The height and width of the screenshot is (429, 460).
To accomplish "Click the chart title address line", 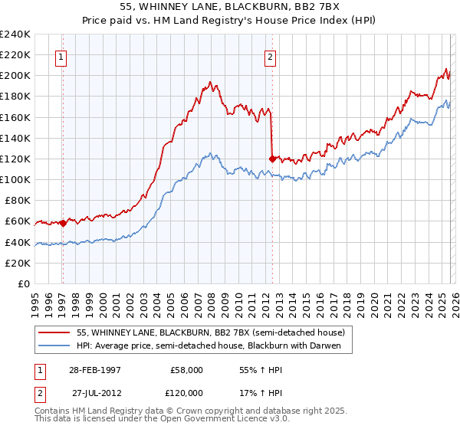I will pyautogui.click(x=230, y=7).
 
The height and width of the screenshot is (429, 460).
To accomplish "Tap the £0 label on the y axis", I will pyautogui.click(x=24, y=283).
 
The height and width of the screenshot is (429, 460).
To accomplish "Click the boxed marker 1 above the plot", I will pyautogui.click(x=61, y=56).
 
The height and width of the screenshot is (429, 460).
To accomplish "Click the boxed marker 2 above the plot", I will pyautogui.click(x=271, y=56).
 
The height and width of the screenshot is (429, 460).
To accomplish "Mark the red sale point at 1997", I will pyautogui.click(x=63, y=223).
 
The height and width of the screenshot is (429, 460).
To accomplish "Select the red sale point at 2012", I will pyautogui.click(x=272, y=159).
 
